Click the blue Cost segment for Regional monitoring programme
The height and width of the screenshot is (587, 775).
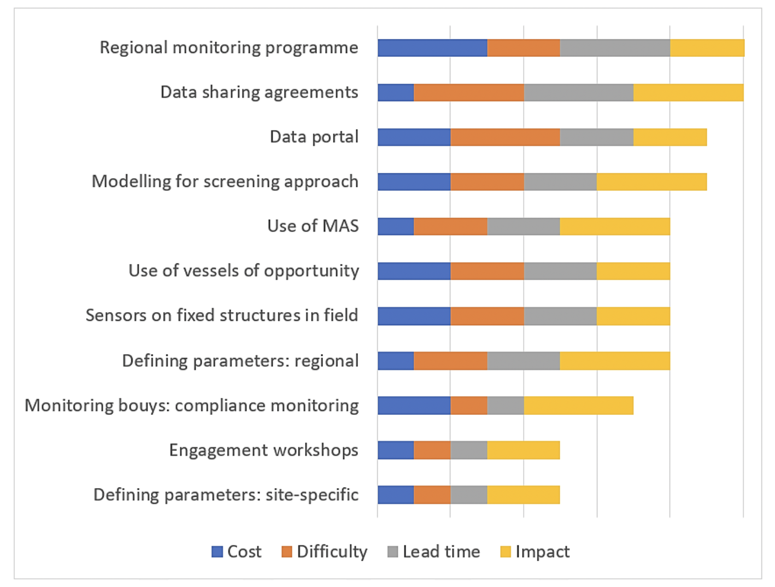pyautogui.click(x=432, y=48)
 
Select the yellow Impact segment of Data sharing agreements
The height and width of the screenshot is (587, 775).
pyautogui.click(x=688, y=92)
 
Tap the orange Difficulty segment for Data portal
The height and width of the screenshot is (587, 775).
pyautogui.click(x=505, y=137)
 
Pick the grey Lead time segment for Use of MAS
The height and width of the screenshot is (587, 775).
pyautogui.click(x=524, y=226)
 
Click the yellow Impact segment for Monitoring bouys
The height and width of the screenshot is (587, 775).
pyautogui.click(x=578, y=406)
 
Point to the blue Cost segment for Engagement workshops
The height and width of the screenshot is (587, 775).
pyautogui.click(x=396, y=450)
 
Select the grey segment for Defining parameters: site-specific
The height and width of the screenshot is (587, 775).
pyautogui.click(x=468, y=495)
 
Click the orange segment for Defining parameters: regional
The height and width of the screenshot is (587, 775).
pyautogui.click(x=450, y=361)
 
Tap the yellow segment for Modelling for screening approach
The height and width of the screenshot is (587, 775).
pyautogui.click(x=651, y=181)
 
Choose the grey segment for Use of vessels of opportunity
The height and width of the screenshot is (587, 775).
pyautogui.click(x=560, y=271)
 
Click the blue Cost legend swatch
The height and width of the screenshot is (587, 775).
pyautogui.click(x=217, y=551)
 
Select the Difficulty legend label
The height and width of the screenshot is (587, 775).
pyautogui.click(x=332, y=551)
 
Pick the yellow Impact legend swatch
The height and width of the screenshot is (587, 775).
pyautogui.click(x=506, y=551)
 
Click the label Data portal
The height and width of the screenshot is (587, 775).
pyautogui.click(x=314, y=137)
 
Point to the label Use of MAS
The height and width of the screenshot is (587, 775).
pyautogui.click(x=313, y=226)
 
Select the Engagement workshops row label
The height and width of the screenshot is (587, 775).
pyautogui.click(x=263, y=450)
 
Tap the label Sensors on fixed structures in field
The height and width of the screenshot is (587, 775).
pyautogui.click(x=222, y=315)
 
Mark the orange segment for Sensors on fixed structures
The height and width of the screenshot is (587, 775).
pyautogui.click(x=487, y=316)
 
